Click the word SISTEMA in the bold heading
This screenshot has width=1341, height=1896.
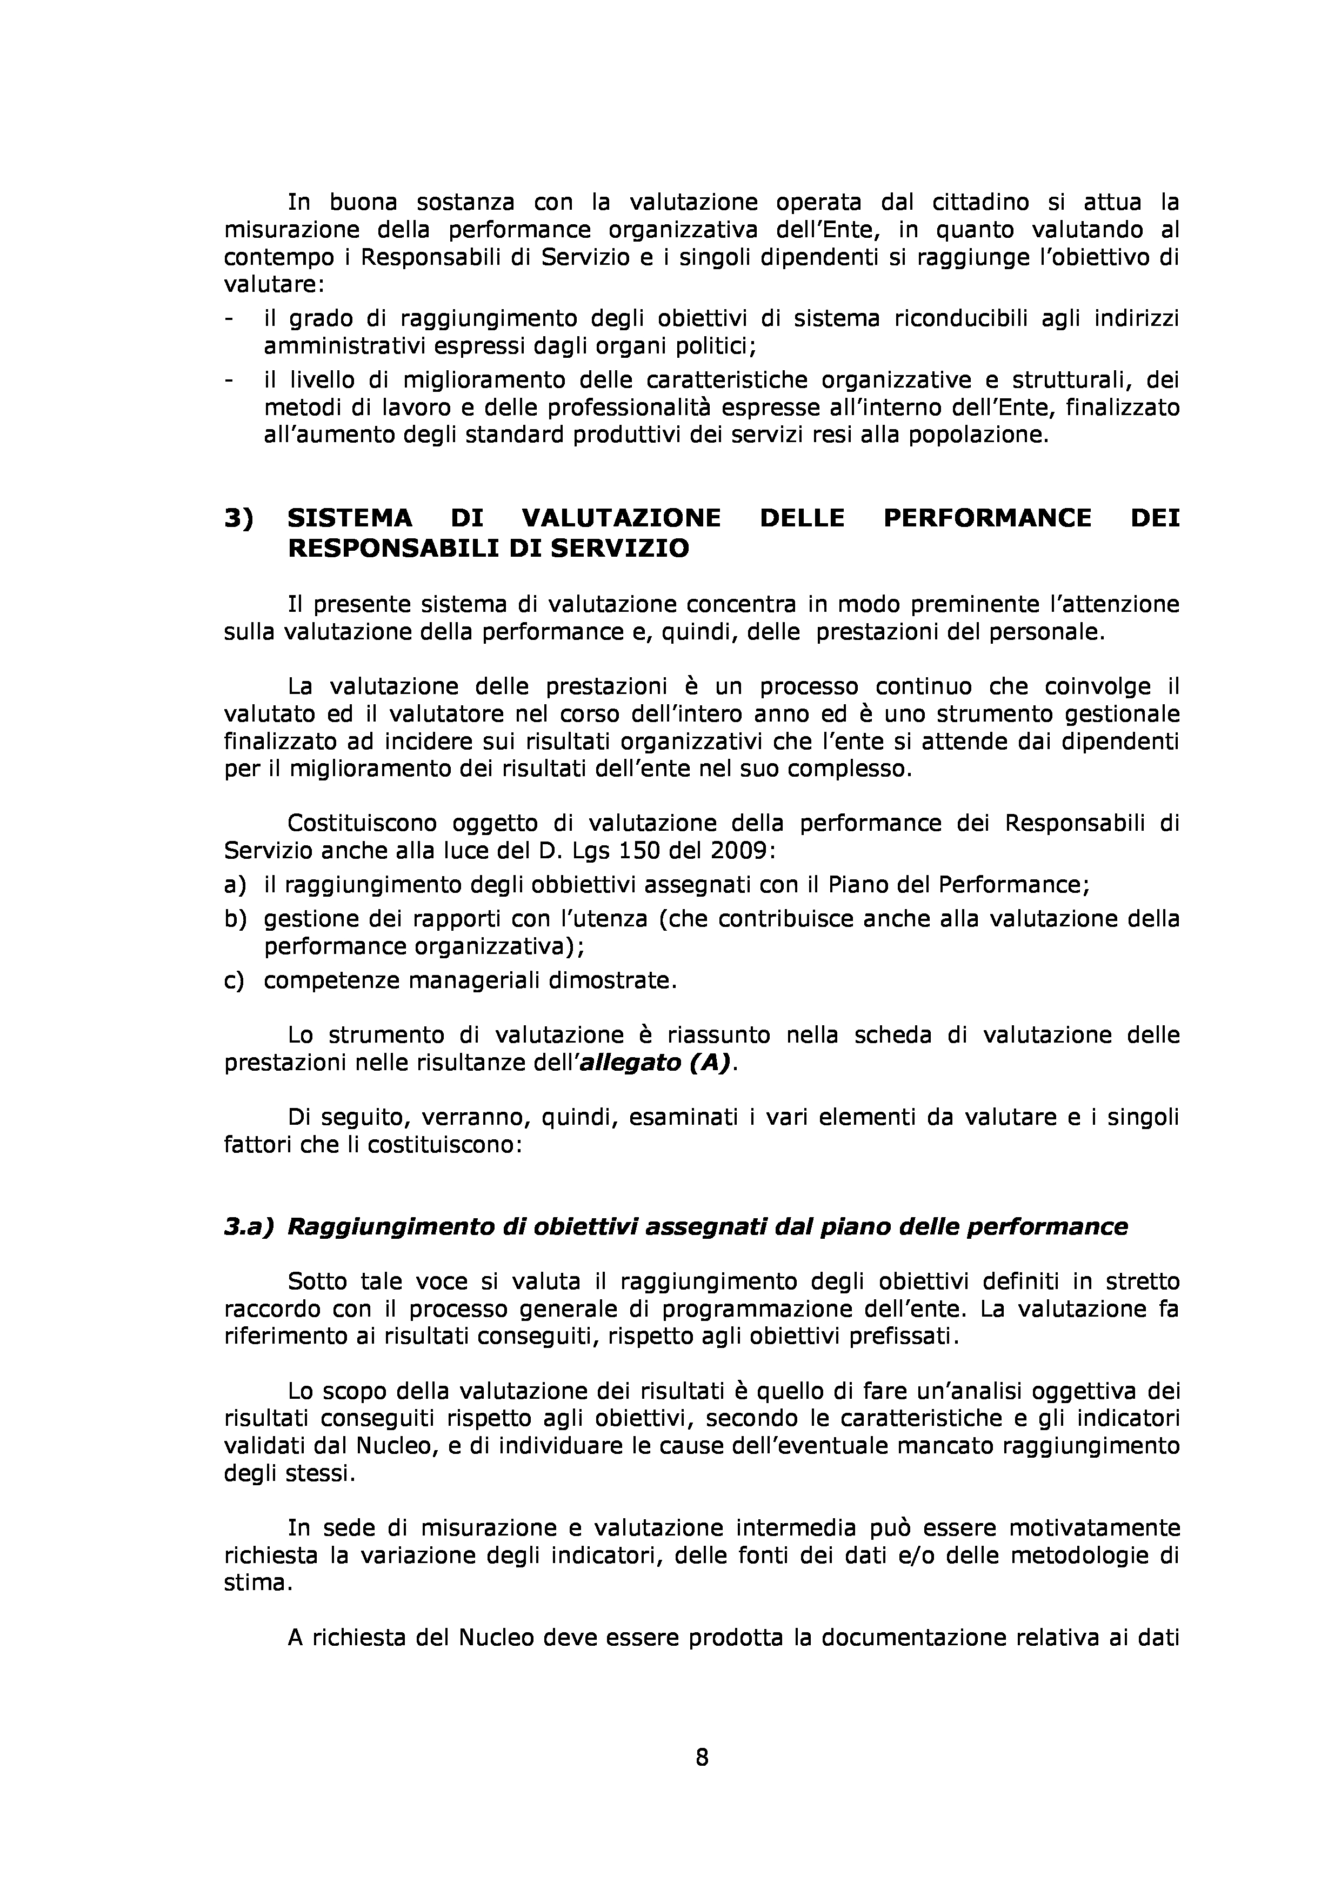pos(349,519)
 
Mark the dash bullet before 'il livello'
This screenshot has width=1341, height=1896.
pos(229,380)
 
